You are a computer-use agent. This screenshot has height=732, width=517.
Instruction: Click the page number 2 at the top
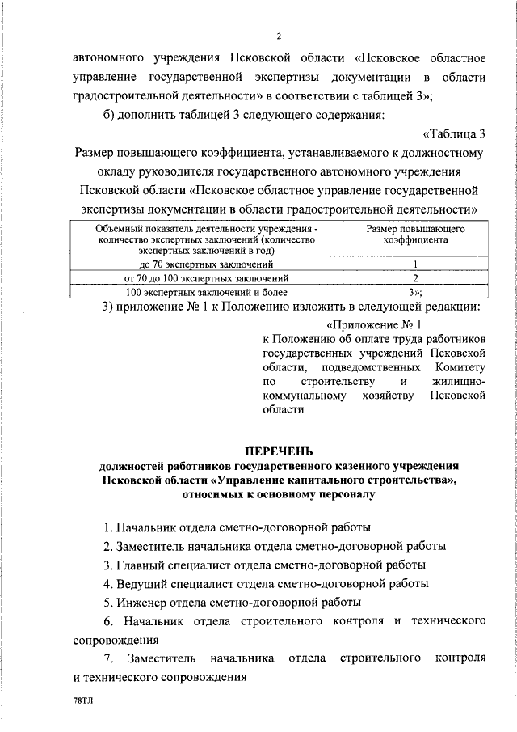pyautogui.click(x=278, y=36)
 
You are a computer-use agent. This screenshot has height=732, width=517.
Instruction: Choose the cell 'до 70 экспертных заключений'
pyautogui.click(x=207, y=264)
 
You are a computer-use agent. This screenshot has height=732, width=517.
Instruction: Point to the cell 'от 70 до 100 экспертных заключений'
pyautogui.click(x=207, y=278)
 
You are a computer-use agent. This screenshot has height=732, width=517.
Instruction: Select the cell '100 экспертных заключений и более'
pyautogui.click(x=207, y=292)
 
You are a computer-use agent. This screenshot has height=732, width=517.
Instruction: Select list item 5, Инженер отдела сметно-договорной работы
pyautogui.click(x=233, y=602)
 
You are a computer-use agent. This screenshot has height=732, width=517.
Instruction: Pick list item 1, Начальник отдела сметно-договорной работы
pyautogui.click(x=238, y=527)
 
